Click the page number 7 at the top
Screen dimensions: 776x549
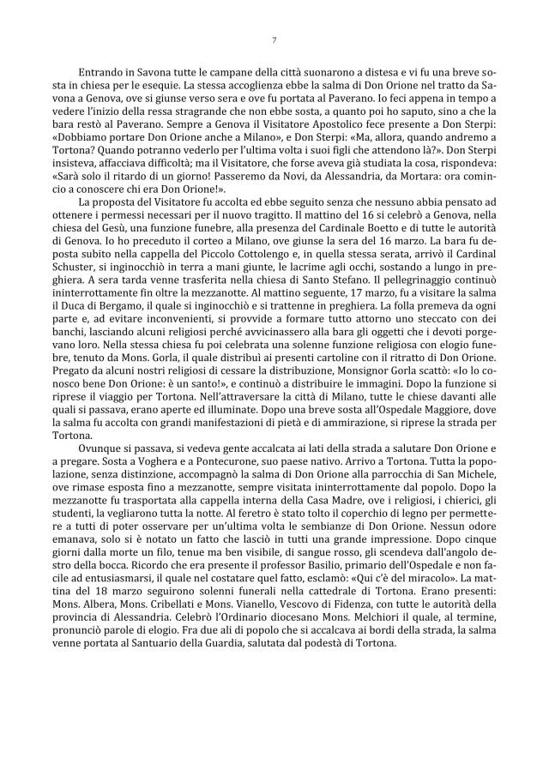point(274,39)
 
